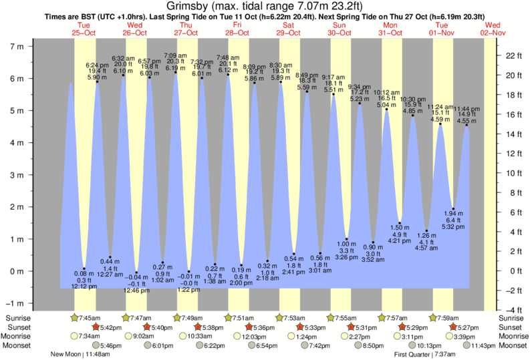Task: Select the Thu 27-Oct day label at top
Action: (x=186, y=29)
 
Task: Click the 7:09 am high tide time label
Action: (x=175, y=55)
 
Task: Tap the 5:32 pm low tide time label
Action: (x=454, y=226)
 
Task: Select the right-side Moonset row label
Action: (x=512, y=345)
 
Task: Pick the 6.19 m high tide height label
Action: (x=176, y=67)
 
